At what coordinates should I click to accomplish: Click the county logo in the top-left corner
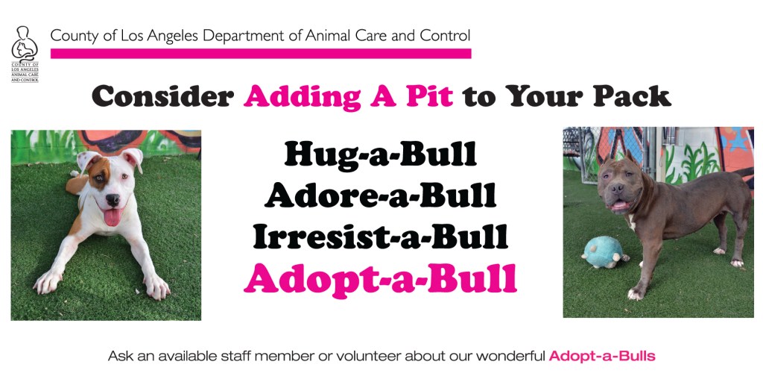click(x=25, y=54)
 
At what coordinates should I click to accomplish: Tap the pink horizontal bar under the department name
click(x=261, y=53)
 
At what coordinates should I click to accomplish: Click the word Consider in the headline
click(x=162, y=96)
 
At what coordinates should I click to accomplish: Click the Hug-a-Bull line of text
click(x=381, y=155)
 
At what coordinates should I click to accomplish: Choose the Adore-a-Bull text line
click(x=381, y=196)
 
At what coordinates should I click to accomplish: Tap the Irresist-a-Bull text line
click(x=381, y=238)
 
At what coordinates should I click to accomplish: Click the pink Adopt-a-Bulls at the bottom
click(x=602, y=356)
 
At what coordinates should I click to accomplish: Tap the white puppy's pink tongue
click(x=113, y=217)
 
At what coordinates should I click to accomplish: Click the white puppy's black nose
click(x=113, y=198)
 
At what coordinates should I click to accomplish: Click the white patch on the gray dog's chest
click(x=633, y=222)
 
